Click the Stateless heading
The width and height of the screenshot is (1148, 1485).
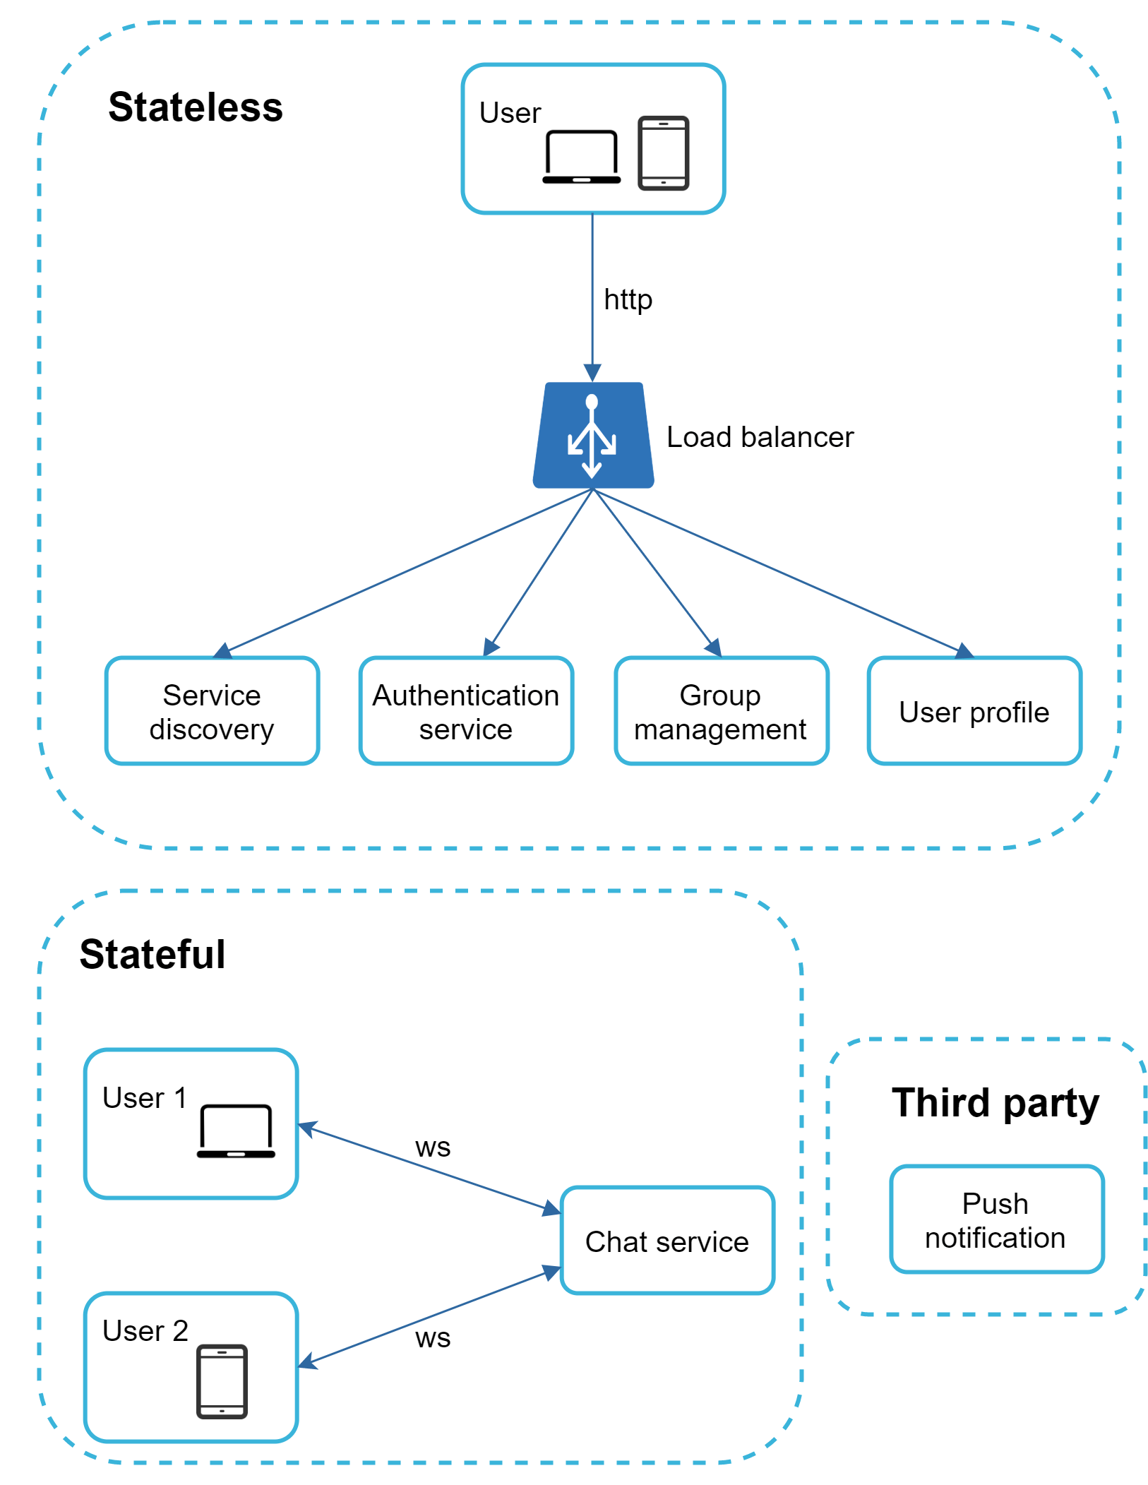click(195, 107)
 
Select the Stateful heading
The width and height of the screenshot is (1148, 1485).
click(152, 954)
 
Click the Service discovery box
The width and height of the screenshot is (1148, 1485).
click(212, 710)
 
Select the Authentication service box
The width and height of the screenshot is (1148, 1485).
click(466, 710)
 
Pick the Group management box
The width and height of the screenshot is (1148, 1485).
click(721, 710)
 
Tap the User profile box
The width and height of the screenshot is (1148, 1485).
click(974, 711)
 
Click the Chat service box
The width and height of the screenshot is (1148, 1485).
click(666, 1240)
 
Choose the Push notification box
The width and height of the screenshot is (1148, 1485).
click(995, 1219)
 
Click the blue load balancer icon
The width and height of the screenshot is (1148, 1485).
click(592, 436)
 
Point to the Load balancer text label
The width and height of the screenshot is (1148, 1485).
click(760, 437)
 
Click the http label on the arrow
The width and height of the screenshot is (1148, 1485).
click(628, 299)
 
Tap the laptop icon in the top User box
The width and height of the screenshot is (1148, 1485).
click(581, 157)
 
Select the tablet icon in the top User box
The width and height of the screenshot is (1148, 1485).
click(663, 153)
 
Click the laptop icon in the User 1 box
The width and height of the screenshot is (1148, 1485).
click(236, 1131)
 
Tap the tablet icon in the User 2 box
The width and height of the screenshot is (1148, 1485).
click(222, 1381)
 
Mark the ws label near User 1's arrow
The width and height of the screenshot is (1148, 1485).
click(432, 1147)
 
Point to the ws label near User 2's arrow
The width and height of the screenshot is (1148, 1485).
click(432, 1338)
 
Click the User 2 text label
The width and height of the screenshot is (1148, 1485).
click(145, 1330)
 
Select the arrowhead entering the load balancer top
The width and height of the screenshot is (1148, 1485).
click(592, 373)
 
